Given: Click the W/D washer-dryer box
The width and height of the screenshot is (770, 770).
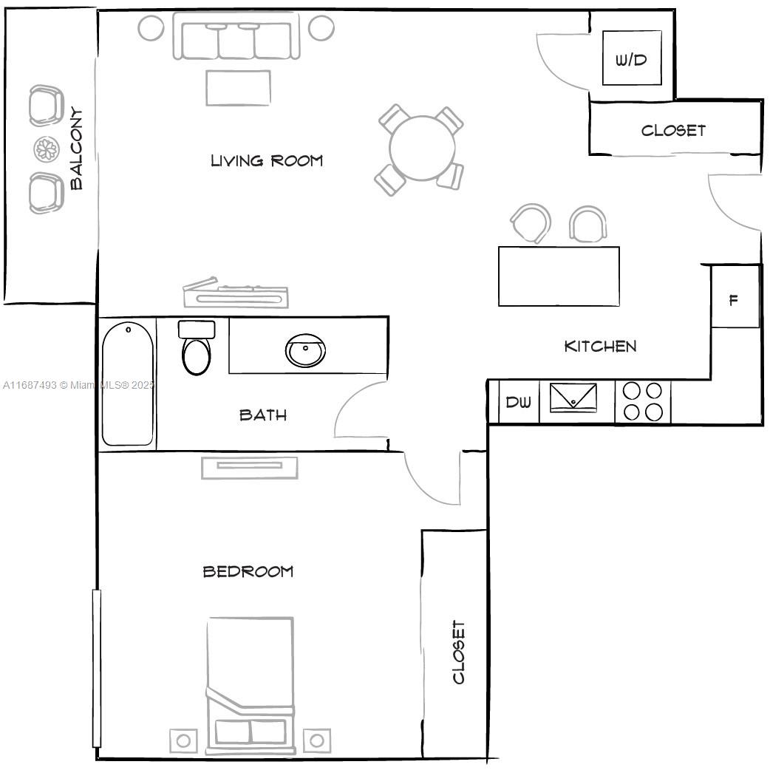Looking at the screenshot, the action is (632, 58).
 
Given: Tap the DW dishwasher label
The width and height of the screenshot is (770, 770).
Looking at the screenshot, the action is (518, 402).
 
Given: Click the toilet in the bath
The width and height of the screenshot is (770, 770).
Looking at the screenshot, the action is (197, 347).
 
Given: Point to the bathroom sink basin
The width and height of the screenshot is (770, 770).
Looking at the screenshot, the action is (305, 350).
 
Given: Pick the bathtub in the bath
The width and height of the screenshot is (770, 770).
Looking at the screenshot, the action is (128, 384).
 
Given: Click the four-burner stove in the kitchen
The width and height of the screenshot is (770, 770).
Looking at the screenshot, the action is (642, 401).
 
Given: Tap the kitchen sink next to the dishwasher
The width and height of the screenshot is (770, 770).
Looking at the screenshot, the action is (573, 398).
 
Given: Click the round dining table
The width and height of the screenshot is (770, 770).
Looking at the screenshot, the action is (422, 148).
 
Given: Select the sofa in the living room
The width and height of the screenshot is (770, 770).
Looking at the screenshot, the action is (236, 35).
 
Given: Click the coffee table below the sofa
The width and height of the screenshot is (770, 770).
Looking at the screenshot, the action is (238, 88).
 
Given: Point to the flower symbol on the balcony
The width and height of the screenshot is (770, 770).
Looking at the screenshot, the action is (47, 149).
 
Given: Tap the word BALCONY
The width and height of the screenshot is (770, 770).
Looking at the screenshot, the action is (76, 149).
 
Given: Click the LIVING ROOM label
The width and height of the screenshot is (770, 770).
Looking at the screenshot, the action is (267, 160).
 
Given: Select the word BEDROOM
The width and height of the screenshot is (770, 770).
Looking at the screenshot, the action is (248, 571).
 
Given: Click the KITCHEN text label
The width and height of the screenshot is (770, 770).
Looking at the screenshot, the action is (600, 347).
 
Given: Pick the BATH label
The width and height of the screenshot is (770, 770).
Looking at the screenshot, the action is (263, 415).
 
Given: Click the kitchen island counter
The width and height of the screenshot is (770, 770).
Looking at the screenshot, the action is (559, 276).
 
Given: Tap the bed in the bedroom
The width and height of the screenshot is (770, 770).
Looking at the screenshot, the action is (251, 685).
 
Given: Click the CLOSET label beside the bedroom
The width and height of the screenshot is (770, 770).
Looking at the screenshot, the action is (458, 652).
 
